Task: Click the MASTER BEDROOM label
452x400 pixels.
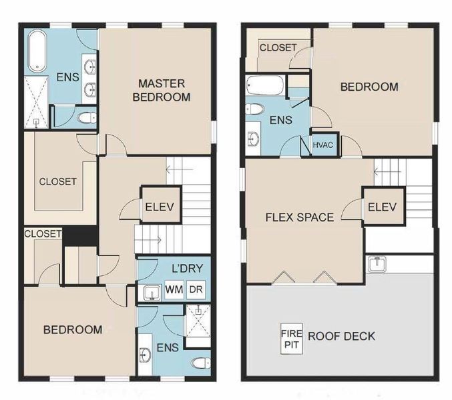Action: click(x=161, y=90)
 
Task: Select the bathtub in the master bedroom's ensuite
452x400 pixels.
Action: click(x=36, y=51)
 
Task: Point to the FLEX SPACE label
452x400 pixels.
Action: click(x=299, y=217)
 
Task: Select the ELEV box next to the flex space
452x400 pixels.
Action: click(x=382, y=207)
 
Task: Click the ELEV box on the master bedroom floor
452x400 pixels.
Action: click(x=159, y=207)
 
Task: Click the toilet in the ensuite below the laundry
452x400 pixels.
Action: click(x=199, y=363)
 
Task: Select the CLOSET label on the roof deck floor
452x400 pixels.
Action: click(x=278, y=48)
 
